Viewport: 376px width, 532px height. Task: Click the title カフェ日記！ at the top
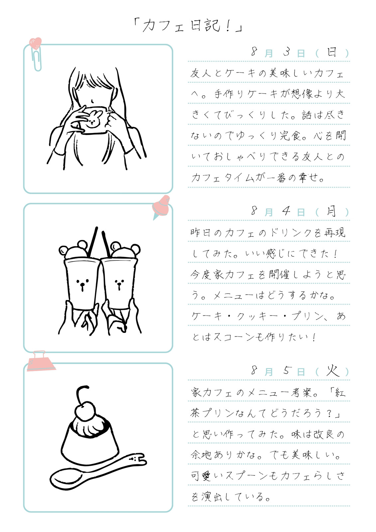188,26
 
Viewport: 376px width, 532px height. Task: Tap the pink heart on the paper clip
35,43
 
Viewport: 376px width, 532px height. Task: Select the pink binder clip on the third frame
40,361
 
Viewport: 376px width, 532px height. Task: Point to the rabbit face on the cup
93,118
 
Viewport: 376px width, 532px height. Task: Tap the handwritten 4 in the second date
287,211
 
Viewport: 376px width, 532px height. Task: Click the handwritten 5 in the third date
287,370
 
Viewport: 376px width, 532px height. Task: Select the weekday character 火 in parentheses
332,370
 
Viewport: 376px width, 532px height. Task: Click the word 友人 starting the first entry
200,73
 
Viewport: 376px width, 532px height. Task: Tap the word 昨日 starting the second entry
200,233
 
